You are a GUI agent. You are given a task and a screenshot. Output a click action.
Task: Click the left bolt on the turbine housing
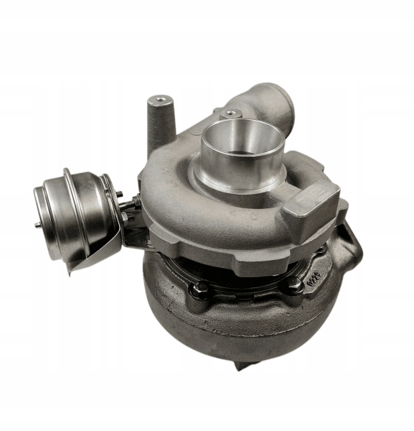201,288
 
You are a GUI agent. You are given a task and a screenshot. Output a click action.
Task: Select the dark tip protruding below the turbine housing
240,365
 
